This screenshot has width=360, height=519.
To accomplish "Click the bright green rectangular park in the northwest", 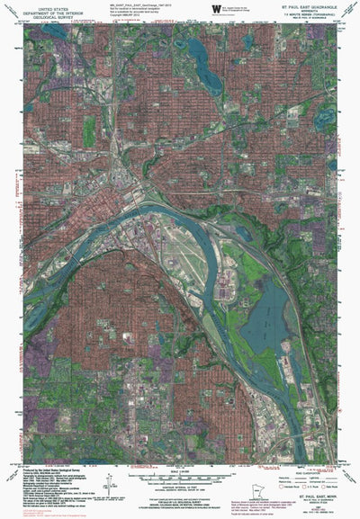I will coord(89,131).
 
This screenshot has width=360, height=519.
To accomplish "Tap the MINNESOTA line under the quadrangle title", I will coord(310,10).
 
